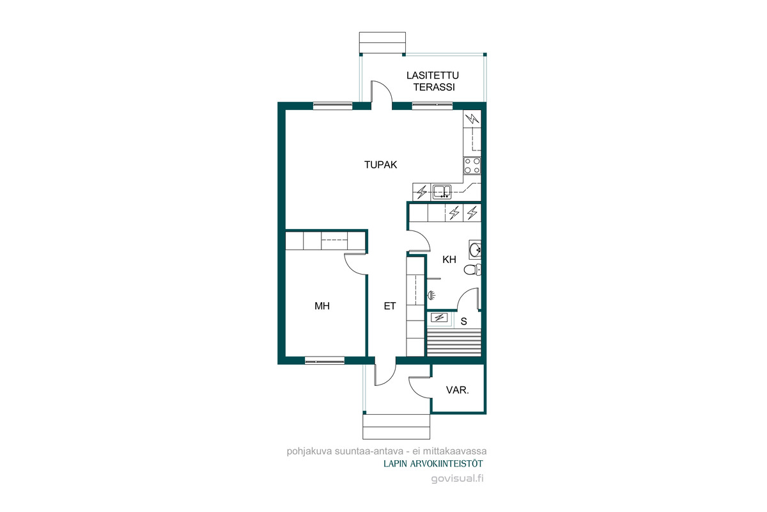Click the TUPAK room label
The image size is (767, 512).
point(380,165)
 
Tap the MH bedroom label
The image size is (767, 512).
point(322,306)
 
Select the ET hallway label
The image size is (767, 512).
point(390,306)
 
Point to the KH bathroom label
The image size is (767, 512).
point(449,260)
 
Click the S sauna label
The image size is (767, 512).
point(464,322)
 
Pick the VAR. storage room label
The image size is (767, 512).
point(458,390)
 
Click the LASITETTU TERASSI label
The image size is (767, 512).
point(433,81)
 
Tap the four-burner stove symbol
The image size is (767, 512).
point(472,166)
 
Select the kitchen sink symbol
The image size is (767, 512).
point(442,192)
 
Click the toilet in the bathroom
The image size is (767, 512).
point(472,269)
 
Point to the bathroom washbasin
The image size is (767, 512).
point(475,249)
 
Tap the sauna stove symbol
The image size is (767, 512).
point(439,317)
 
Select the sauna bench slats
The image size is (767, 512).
point(454,342)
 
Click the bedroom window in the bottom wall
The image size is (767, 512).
point(325,360)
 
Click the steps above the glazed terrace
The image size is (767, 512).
point(382,43)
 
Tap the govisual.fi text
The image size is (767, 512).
point(458,478)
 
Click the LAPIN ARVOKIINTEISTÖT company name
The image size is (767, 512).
point(433,463)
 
